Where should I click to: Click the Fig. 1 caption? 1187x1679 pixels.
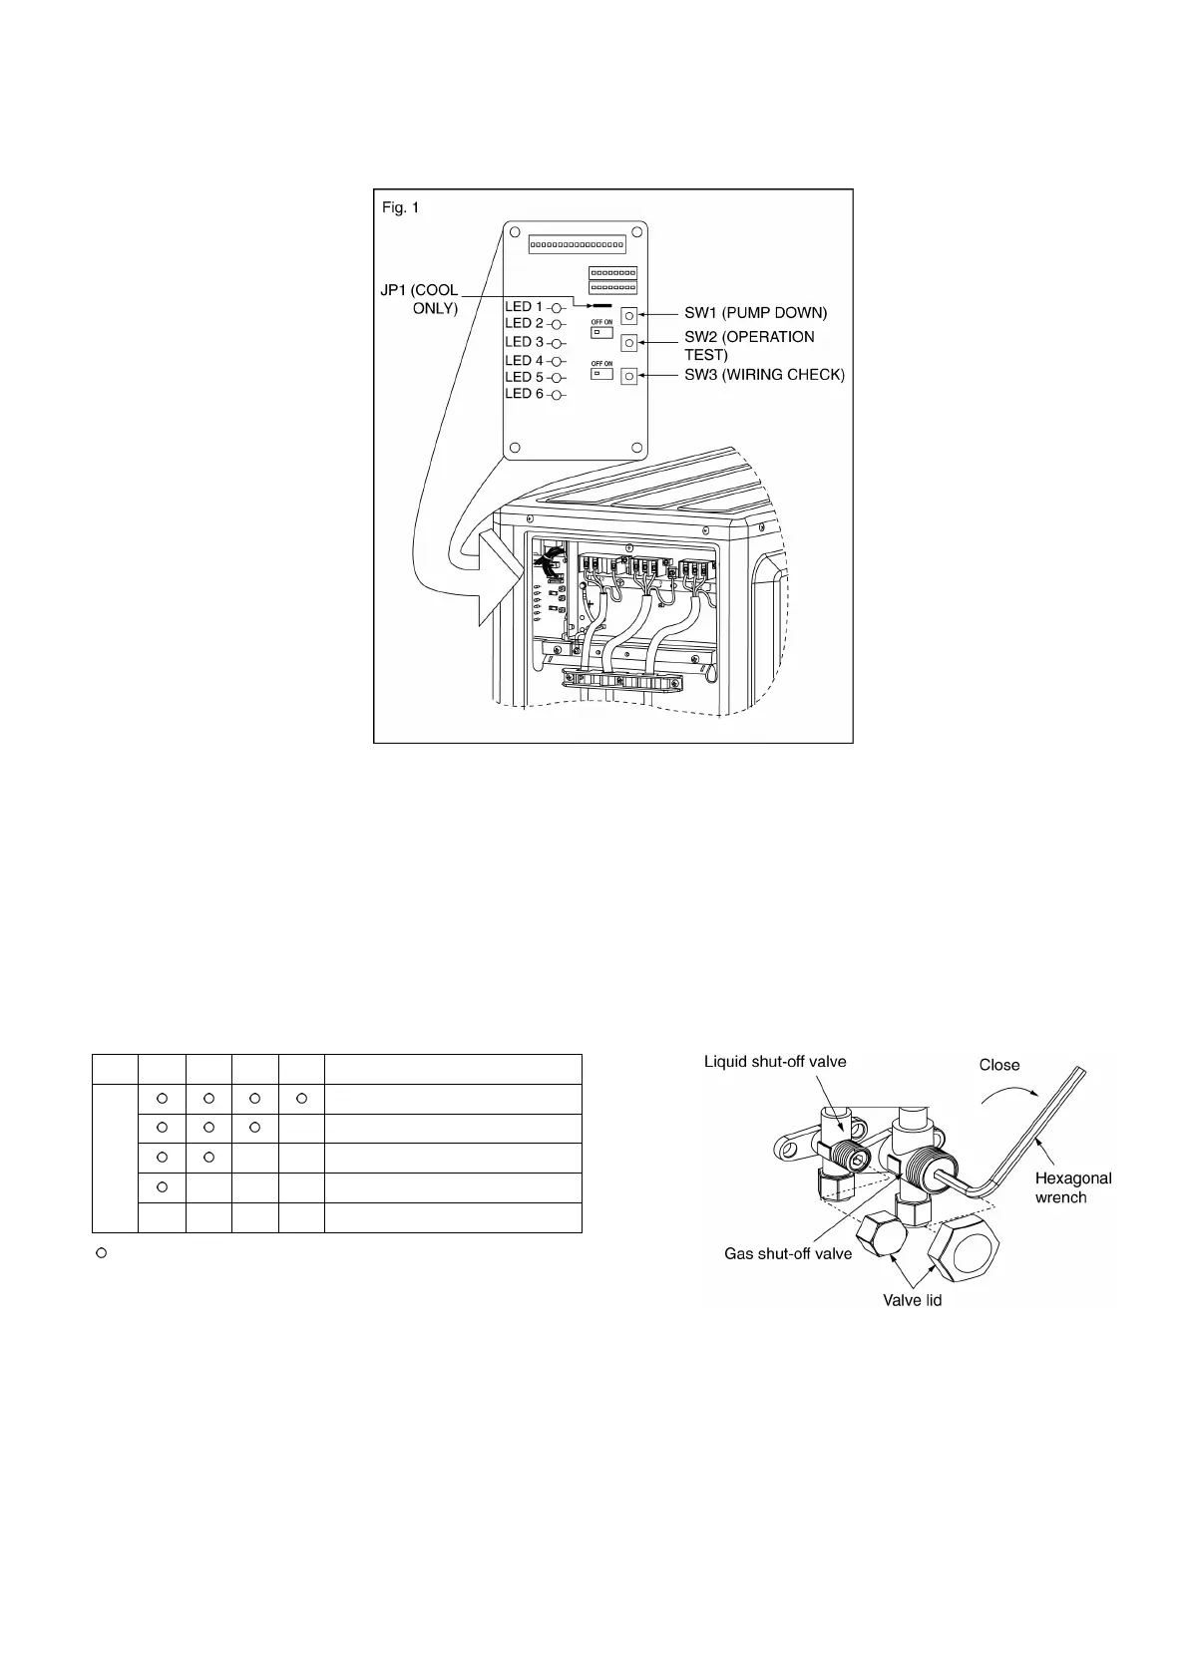tap(401, 208)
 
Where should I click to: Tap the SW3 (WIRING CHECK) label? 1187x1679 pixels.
tap(764, 375)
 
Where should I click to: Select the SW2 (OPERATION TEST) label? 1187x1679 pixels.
tap(749, 345)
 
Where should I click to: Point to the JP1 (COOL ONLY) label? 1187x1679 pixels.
tap(421, 299)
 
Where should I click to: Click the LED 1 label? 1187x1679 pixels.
tap(524, 307)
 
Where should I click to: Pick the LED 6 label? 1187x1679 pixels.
tap(524, 394)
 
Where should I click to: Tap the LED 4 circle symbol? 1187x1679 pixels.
tap(558, 361)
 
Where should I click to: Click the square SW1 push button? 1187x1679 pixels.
tap(629, 316)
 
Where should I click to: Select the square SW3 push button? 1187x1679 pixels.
tap(629, 377)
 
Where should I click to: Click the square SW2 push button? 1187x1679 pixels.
tap(629, 343)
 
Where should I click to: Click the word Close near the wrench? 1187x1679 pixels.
tap(998, 1065)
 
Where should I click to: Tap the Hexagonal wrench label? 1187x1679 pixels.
tap(1072, 1186)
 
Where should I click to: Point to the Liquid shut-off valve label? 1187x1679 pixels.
tap(775, 1062)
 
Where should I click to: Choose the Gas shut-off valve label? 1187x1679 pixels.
tap(788, 1253)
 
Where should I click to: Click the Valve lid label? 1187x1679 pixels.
tap(912, 1300)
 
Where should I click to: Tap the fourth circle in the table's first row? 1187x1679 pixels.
tap(301, 1099)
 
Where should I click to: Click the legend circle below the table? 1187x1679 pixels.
tap(101, 1251)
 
